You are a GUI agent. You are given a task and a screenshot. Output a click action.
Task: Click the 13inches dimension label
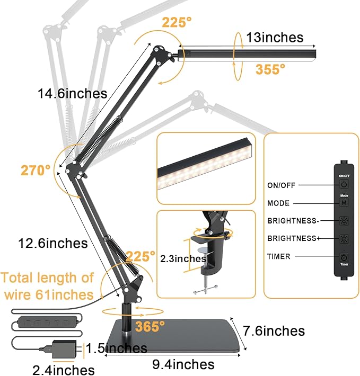pos(274,38)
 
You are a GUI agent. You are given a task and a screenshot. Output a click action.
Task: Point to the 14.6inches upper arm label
pos(72,94)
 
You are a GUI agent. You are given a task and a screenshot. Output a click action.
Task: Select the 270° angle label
pos(36,170)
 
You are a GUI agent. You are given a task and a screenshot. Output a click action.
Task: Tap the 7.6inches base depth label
pos(274,331)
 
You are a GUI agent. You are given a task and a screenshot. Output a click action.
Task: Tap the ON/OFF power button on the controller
pos(344,185)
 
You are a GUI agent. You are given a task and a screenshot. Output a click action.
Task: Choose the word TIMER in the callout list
pos(279,257)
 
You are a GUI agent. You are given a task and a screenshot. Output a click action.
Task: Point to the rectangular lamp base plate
pos(175,337)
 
